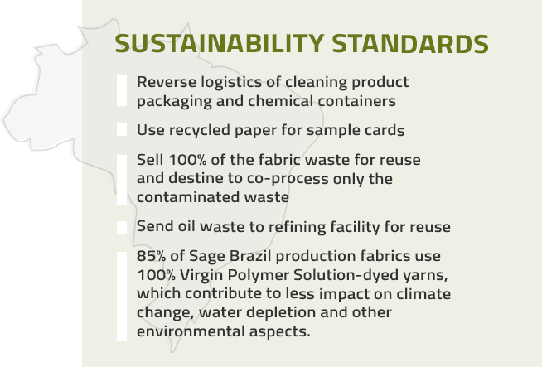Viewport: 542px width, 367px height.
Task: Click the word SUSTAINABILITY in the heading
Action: pyautogui.click(x=220, y=44)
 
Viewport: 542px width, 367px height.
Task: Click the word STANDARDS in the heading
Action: pyautogui.click(x=410, y=44)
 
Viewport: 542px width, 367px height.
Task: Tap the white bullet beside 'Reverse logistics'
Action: pyautogui.click(x=122, y=90)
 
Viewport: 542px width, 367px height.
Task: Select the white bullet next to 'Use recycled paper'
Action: pyautogui.click(x=122, y=129)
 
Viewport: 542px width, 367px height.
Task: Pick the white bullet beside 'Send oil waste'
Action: pyautogui.click(x=122, y=227)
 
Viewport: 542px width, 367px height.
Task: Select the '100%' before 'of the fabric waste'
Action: pyautogui.click(x=187, y=160)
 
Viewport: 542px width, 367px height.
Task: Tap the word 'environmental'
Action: pyautogui.click(x=191, y=331)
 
